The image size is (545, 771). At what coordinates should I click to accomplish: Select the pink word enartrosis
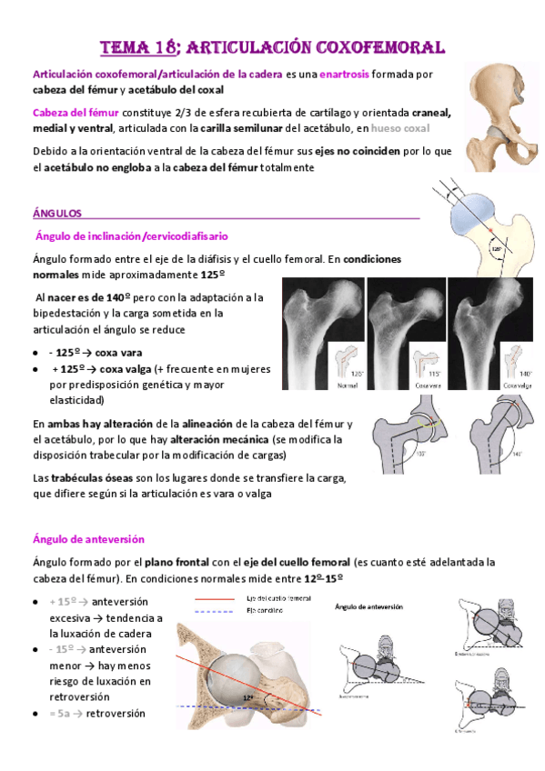point(342,75)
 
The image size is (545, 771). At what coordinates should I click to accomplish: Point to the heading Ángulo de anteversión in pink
point(88,539)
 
